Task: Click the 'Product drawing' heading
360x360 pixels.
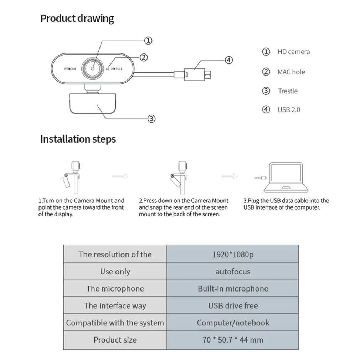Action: point(77,19)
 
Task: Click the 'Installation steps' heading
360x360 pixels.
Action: point(78,139)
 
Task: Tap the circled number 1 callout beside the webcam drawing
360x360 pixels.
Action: point(148,40)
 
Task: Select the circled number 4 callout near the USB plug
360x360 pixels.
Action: point(229,60)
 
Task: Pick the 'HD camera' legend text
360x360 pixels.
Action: point(293,52)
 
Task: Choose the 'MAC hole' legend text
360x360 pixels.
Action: point(291,72)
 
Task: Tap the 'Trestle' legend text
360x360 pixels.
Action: point(288,91)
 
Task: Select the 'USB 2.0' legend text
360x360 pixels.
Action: point(289,109)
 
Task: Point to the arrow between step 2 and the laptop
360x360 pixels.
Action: point(230,176)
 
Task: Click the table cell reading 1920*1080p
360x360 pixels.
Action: point(232,254)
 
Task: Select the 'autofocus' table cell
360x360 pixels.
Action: point(232,272)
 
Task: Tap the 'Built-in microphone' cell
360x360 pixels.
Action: point(232,289)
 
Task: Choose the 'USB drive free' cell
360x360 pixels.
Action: point(232,306)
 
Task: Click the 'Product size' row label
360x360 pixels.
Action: point(115,340)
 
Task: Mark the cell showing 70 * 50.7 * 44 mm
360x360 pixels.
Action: point(232,340)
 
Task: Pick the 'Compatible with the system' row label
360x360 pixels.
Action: point(115,323)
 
